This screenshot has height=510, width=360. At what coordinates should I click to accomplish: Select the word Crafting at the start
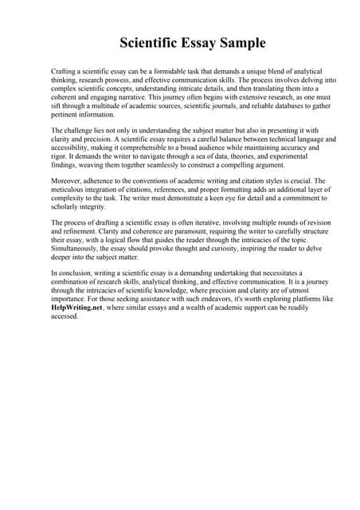pos(65,72)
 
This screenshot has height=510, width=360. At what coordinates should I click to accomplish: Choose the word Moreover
pos(67,182)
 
